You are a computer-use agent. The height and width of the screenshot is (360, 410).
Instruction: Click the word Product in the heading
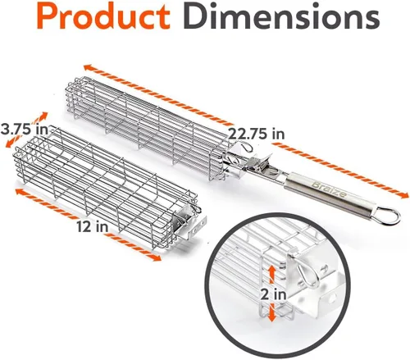[x=103, y=17]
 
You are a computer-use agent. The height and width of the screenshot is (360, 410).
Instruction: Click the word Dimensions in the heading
[x=281, y=16]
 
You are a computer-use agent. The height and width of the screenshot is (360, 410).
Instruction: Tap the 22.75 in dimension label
[x=256, y=134]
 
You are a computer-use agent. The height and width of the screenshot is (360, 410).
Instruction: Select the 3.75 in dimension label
[x=25, y=130]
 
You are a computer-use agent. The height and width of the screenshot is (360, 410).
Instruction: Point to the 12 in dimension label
[x=92, y=226]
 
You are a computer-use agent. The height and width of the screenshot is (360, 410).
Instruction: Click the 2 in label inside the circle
[x=273, y=294]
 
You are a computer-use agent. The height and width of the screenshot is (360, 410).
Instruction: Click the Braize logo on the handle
[x=330, y=189]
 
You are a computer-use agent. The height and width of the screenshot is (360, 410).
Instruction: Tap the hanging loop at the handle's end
[x=389, y=216]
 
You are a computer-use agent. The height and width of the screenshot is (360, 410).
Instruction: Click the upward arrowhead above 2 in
[x=271, y=271]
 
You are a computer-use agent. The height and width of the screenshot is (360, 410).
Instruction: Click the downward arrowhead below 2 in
[x=271, y=317]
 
